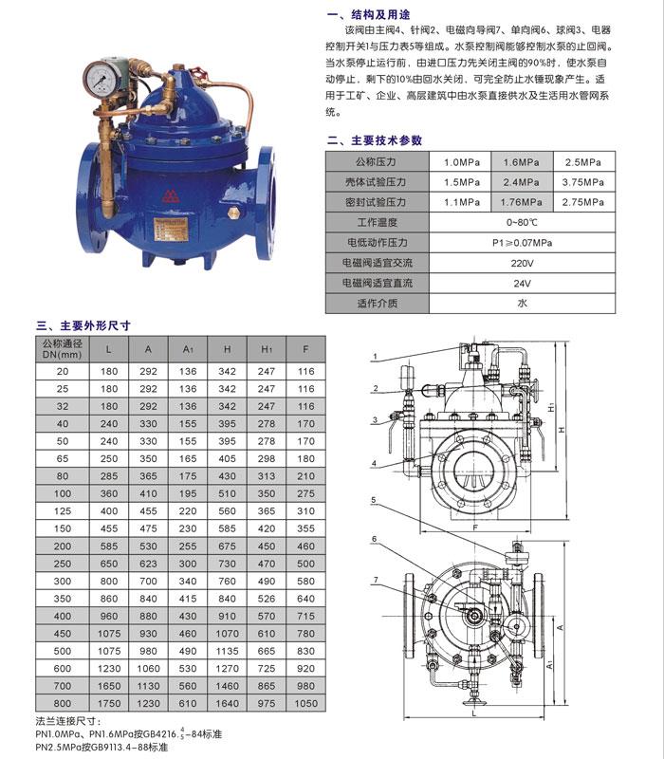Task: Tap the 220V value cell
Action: [522, 263]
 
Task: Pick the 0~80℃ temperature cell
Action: [522, 222]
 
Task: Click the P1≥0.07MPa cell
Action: [522, 243]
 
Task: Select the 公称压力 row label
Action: [380, 161]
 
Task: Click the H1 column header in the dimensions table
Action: [267, 348]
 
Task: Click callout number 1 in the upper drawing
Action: [375, 357]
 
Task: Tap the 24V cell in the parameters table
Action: [522, 283]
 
